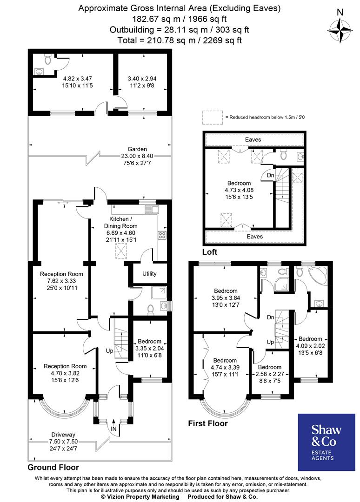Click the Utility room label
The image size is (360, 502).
(x=149, y=274)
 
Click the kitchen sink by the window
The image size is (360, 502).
(x=151, y=210)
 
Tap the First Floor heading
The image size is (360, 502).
(x=207, y=423)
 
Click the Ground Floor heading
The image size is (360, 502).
(x=53, y=467)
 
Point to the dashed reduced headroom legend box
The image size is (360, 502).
(x=212, y=118)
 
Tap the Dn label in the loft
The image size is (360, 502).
(x=271, y=175)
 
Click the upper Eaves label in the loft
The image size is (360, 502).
(x=254, y=139)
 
